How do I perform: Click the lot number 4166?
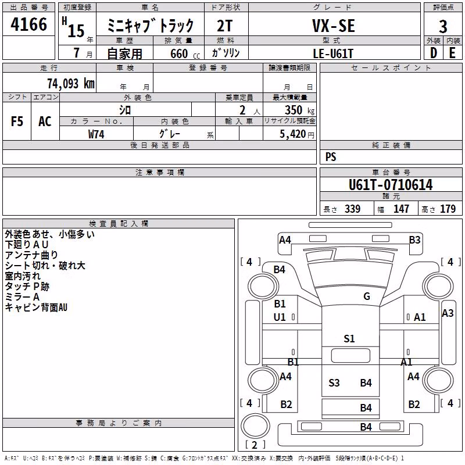[x=28, y=24]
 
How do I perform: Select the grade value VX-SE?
[x=334, y=26]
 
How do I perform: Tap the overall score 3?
[x=443, y=26]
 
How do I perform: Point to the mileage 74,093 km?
[x=71, y=84]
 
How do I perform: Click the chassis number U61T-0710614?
[x=391, y=185]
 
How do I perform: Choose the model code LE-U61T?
[x=333, y=53]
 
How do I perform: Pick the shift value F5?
[x=17, y=121]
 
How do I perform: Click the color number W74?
[x=96, y=134]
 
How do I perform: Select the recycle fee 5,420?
[x=293, y=134]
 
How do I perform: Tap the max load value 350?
[x=294, y=110]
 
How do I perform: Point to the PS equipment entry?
[x=331, y=156]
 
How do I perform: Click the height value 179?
[x=448, y=209]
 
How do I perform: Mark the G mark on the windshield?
[x=367, y=296]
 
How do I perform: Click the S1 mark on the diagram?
[x=349, y=338]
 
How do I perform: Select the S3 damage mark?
[x=334, y=382]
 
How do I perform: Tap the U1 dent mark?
[x=280, y=317]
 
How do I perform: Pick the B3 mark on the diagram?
[x=414, y=239]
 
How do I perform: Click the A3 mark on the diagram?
[x=448, y=313]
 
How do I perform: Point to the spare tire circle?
[x=255, y=426]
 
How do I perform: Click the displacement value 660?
[x=179, y=53]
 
